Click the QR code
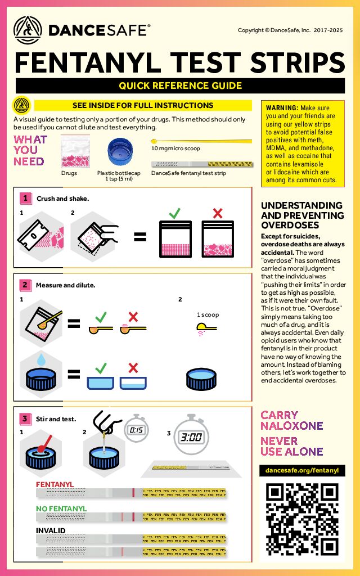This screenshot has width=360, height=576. (x=303, y=518)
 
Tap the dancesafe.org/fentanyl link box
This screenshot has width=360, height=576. (x=303, y=470)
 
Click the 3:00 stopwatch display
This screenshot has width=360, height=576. (x=191, y=436)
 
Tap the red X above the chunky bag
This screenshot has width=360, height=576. (x=217, y=213)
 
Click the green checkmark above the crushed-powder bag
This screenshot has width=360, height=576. (x=175, y=213)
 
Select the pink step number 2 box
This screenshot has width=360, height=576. (x=25, y=285)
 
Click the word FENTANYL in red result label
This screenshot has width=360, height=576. (x=55, y=484)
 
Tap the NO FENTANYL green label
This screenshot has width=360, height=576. (x=61, y=508)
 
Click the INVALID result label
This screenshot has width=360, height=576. (x=51, y=530)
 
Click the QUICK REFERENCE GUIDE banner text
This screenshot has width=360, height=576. (x=180, y=86)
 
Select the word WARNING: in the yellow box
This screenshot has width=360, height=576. (x=282, y=108)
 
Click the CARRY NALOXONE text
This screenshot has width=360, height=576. (x=291, y=420)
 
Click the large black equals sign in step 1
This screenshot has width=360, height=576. (x=139, y=237)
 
